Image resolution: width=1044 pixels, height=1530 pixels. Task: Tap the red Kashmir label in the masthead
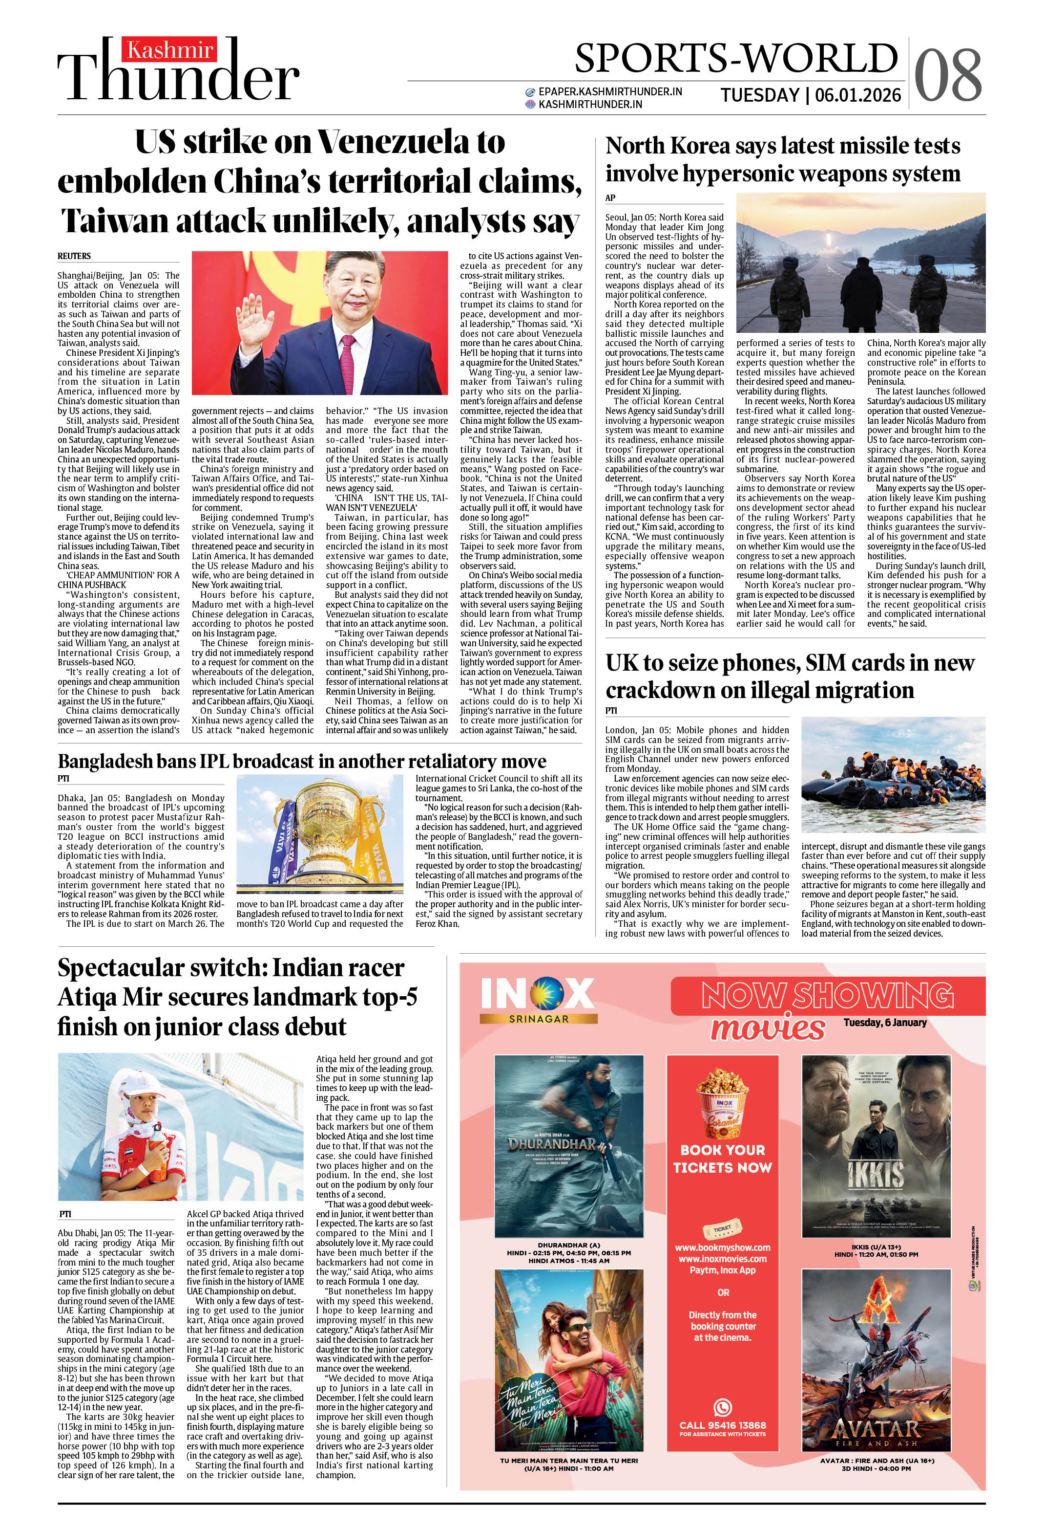(170, 50)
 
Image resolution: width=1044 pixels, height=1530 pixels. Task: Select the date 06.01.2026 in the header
(858, 95)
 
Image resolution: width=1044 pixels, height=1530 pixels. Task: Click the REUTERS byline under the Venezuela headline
(74, 256)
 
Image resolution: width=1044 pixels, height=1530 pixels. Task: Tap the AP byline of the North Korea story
(610, 197)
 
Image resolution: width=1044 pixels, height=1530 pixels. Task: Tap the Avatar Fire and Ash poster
(876, 1371)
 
